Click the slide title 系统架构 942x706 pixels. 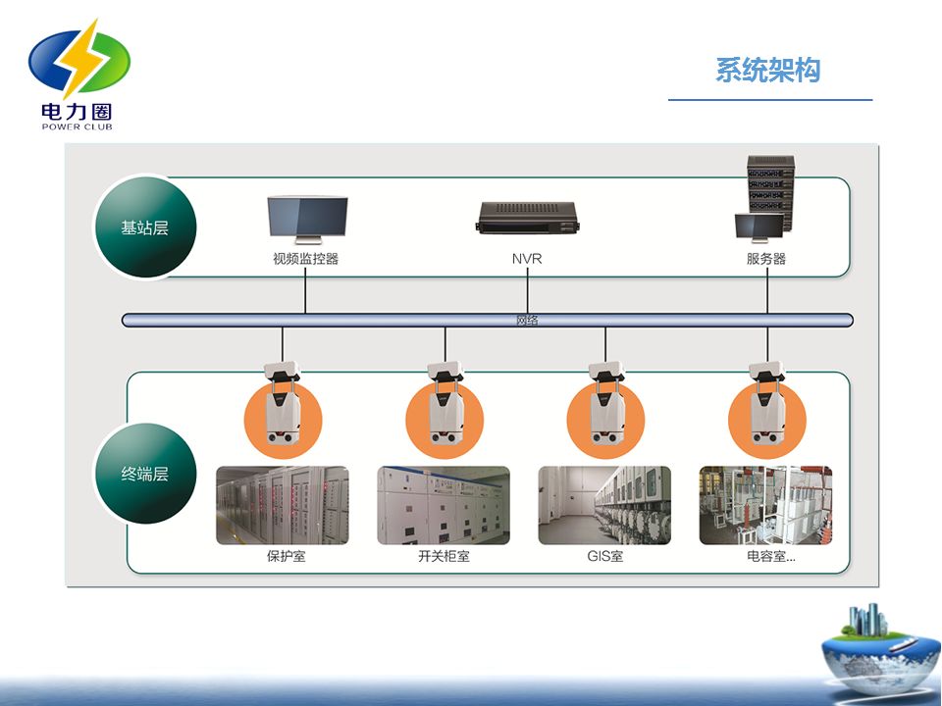click(767, 72)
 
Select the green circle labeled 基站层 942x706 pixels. click(145, 227)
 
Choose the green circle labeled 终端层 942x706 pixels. click(145, 474)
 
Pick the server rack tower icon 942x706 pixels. click(768, 191)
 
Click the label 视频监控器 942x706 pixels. click(306, 260)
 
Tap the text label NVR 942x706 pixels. click(527, 260)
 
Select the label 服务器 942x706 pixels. click(766, 260)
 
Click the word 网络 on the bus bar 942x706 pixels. click(527, 320)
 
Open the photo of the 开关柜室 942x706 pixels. click(444, 505)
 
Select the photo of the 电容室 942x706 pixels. click(765, 505)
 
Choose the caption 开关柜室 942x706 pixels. click(444, 557)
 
